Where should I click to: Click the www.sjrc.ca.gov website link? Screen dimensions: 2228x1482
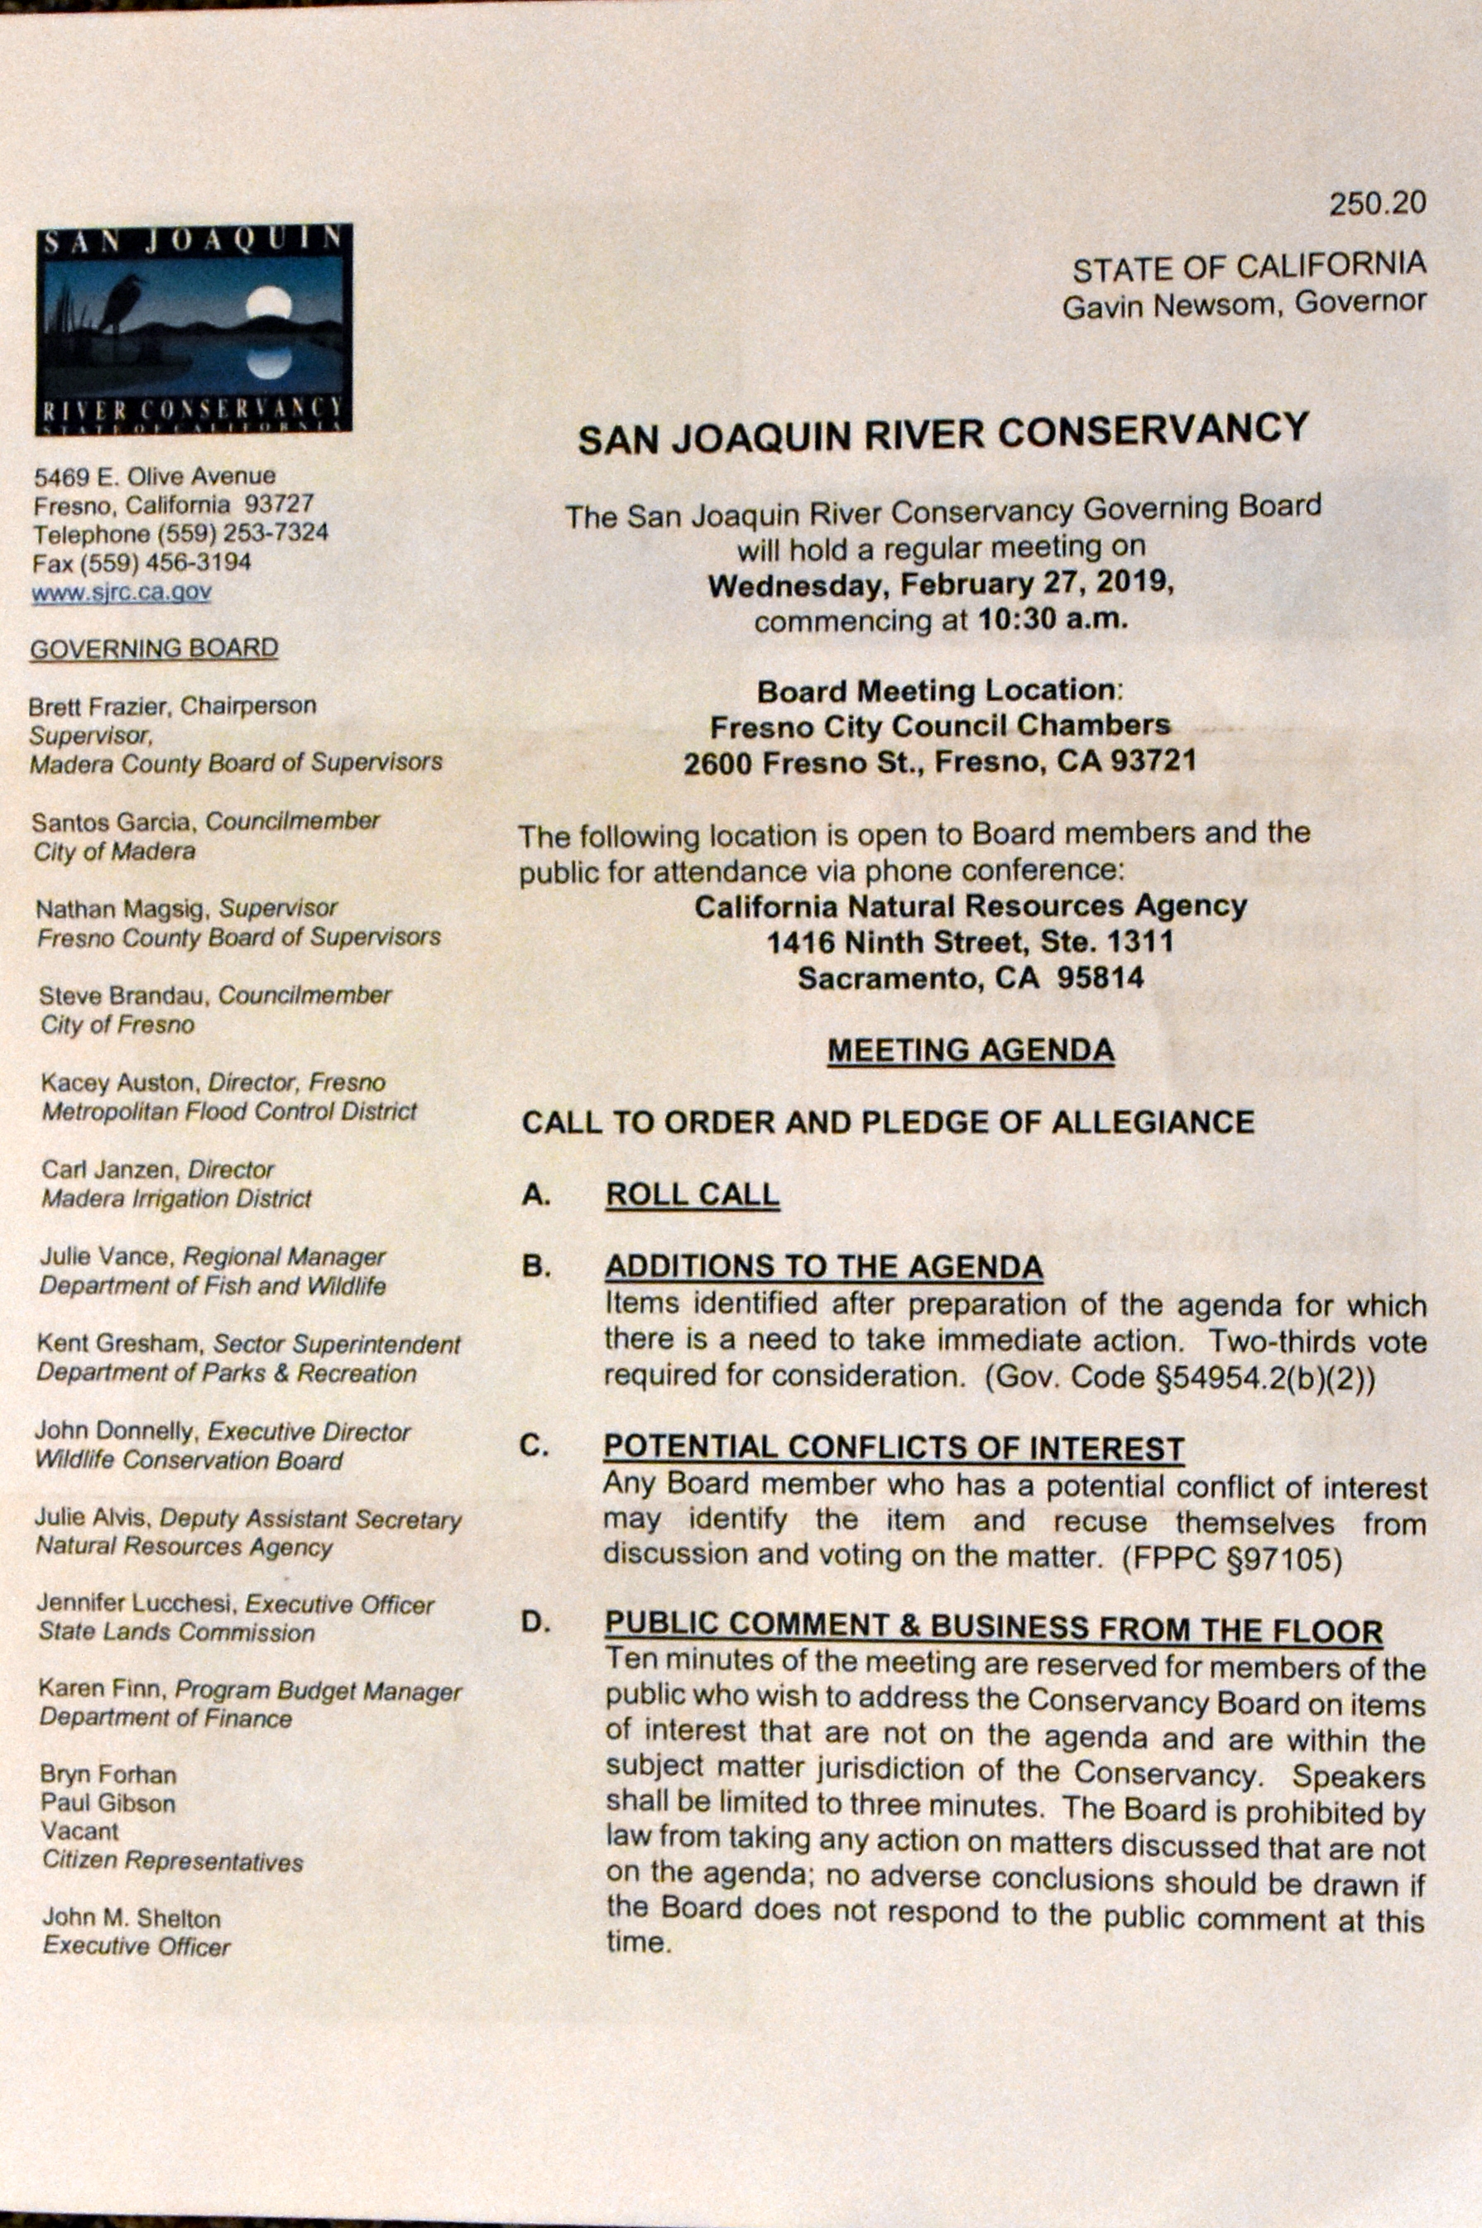pos(121,593)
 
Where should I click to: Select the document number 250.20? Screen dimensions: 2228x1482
pos(1376,204)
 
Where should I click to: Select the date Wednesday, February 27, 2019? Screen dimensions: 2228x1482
pos(941,583)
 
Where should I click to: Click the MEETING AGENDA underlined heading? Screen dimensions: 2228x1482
pos(970,1050)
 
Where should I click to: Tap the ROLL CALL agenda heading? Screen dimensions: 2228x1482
pos(693,1195)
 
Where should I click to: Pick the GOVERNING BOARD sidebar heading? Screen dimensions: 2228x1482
pos(154,650)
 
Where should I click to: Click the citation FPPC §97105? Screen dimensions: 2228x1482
pos(1230,1561)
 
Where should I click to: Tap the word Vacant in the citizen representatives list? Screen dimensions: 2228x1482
pos(80,1832)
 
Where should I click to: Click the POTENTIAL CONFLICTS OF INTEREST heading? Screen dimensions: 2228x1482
pos(893,1448)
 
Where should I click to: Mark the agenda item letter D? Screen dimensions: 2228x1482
pos(536,1623)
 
